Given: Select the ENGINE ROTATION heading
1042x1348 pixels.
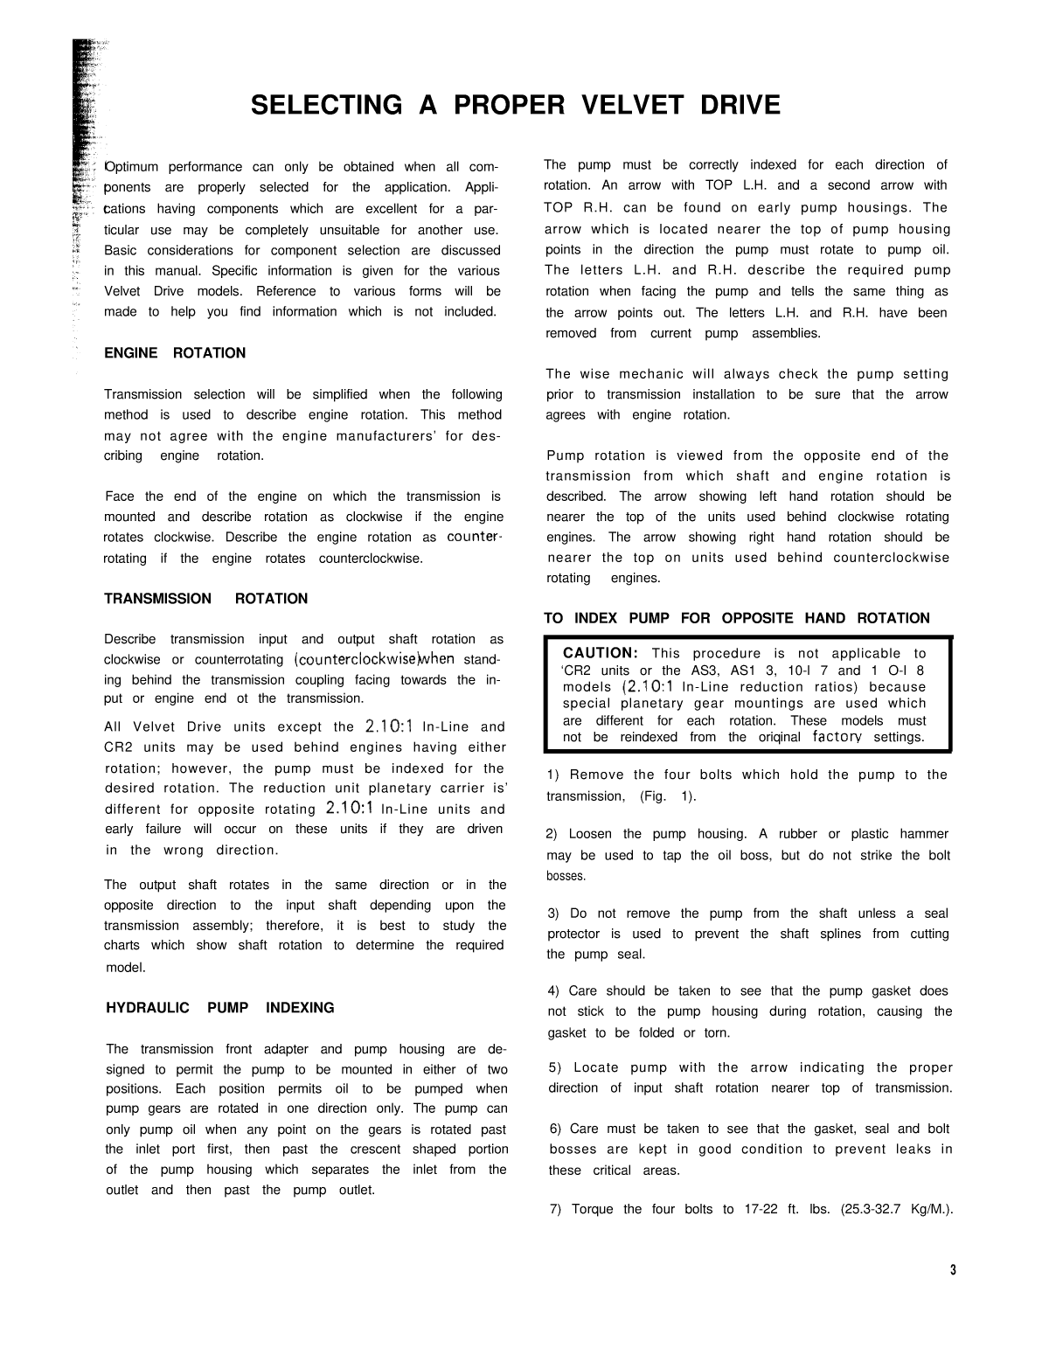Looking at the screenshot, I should [175, 353].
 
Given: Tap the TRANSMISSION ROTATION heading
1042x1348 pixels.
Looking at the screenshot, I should [206, 599].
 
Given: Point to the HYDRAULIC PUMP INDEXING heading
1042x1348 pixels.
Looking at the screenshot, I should [220, 1008].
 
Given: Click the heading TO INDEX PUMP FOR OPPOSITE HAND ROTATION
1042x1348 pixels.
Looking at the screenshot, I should [737, 619].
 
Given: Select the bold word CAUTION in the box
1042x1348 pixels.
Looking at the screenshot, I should [601, 653].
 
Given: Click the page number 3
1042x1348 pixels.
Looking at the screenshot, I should [953, 1270].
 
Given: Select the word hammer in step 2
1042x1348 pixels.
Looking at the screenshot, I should [923, 834].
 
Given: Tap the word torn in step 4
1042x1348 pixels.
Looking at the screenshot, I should [717, 1032].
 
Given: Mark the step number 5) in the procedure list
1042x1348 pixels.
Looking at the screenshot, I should [555, 1067].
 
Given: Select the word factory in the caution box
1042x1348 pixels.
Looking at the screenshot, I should [838, 737].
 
